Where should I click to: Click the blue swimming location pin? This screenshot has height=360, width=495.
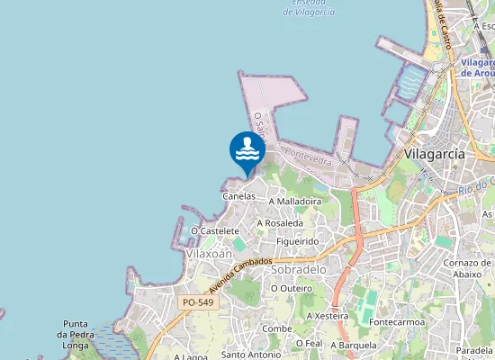point(247,150)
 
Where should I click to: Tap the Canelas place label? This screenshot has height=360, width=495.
point(239,195)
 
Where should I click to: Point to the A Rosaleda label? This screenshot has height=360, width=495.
point(279,222)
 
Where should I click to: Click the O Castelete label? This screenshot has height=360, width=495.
point(215,231)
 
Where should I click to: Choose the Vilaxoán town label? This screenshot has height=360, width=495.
point(209,254)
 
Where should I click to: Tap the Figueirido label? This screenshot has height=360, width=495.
point(298,241)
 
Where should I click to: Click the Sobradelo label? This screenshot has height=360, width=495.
point(298,269)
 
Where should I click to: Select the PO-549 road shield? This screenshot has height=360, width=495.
point(198,303)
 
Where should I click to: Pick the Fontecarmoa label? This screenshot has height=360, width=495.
point(396,321)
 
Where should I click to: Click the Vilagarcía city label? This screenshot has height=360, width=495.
point(435,154)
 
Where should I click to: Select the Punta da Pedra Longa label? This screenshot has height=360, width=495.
point(86,334)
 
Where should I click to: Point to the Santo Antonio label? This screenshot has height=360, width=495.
point(251,355)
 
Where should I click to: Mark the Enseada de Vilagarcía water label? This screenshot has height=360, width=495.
point(308,7)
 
